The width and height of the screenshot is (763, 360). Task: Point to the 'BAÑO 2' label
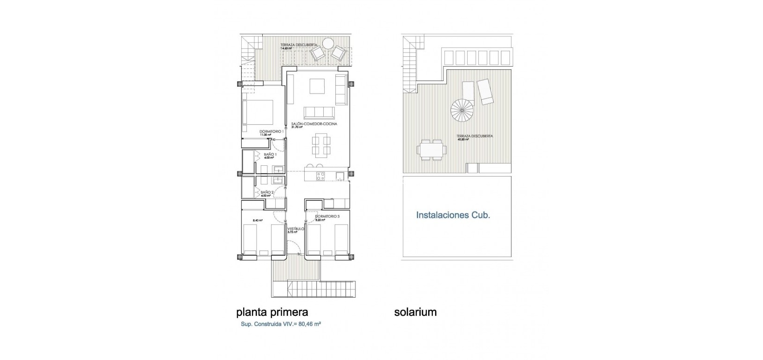(x=266, y=192)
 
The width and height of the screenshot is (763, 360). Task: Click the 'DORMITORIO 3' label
(x=327, y=217)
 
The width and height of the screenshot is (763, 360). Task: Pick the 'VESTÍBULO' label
(x=296, y=229)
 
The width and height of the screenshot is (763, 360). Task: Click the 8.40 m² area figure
(x=258, y=221)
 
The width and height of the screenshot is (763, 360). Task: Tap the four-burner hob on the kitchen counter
(x=321, y=176)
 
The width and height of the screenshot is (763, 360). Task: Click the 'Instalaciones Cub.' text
(x=453, y=216)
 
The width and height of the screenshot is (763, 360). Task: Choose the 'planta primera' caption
(x=272, y=312)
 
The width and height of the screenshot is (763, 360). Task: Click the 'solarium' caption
(x=415, y=312)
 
